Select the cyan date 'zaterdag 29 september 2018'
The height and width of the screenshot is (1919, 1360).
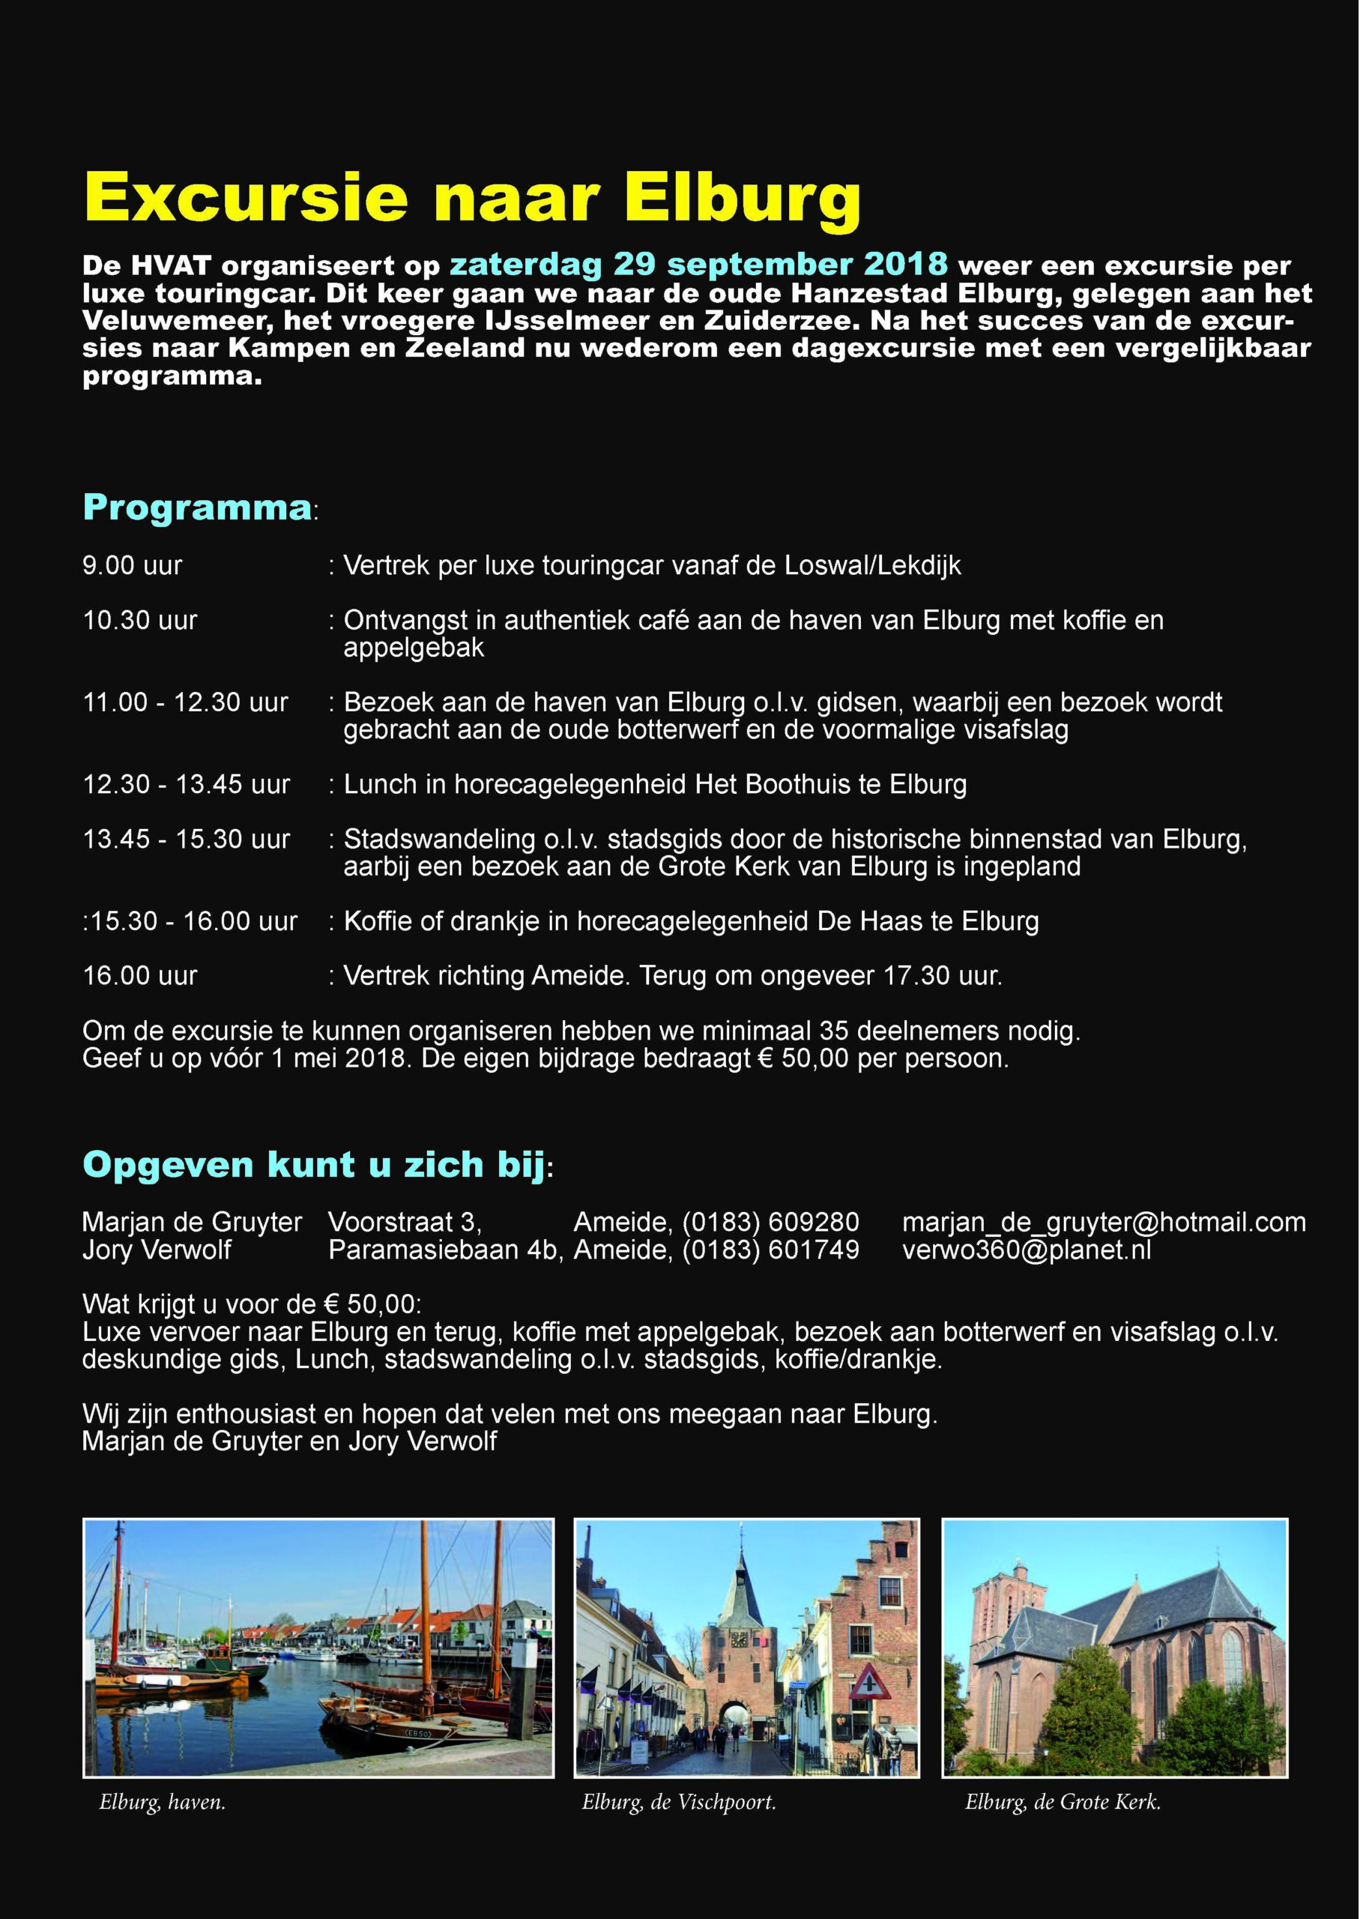(x=698, y=265)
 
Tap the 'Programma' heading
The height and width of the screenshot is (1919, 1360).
(x=197, y=507)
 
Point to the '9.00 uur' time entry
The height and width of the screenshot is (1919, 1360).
(x=131, y=565)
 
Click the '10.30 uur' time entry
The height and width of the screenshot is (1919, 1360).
(x=140, y=621)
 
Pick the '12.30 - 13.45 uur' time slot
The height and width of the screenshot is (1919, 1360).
(x=186, y=784)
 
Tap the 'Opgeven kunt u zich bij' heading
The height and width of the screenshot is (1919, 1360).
(x=314, y=1165)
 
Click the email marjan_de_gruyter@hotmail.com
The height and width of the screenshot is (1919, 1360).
(x=1103, y=1222)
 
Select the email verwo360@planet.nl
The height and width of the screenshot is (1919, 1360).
(x=1026, y=1250)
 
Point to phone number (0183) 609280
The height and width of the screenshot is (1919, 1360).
(x=770, y=1222)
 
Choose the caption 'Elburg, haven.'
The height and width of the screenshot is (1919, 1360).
(x=162, y=1803)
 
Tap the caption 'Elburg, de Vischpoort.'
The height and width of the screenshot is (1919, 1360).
(x=678, y=1803)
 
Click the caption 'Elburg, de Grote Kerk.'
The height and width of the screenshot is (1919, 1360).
(x=1062, y=1803)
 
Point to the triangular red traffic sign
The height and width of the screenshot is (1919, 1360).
(x=869, y=1682)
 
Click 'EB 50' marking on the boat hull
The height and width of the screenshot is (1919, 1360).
(x=417, y=1732)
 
